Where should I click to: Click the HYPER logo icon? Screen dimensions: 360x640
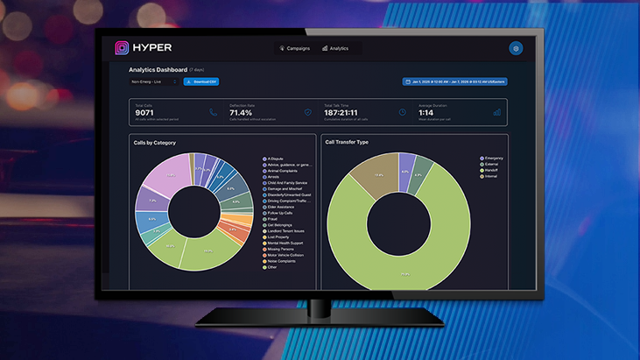[122, 48]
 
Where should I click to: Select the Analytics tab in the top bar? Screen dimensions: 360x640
[335, 48]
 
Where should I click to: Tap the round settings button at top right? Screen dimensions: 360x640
[516, 49]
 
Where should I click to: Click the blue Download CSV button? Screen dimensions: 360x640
[201, 81]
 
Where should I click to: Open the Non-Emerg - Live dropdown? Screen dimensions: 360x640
[153, 81]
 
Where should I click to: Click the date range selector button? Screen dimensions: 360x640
[455, 81]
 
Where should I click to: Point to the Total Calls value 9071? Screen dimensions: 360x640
[145, 113]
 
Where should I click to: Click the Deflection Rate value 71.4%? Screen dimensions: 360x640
[241, 113]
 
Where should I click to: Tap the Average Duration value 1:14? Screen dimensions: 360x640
[426, 113]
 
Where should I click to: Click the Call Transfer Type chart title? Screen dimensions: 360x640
[347, 142]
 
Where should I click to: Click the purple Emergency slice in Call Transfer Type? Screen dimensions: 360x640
[407, 164]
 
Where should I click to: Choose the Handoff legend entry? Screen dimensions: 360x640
[490, 170]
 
